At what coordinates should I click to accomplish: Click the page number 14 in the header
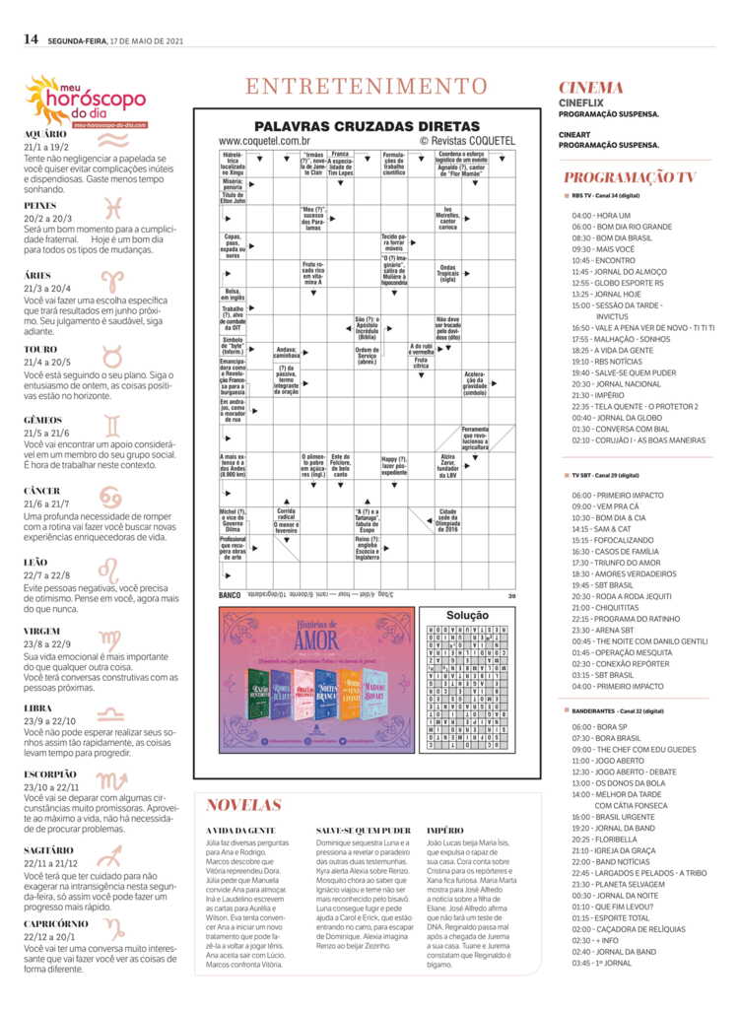point(31,39)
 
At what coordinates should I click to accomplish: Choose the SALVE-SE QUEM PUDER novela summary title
point(364,831)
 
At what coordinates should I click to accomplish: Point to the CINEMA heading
point(591,87)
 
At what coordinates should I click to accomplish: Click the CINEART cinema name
point(580,133)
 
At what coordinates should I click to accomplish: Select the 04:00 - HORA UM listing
point(600,215)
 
